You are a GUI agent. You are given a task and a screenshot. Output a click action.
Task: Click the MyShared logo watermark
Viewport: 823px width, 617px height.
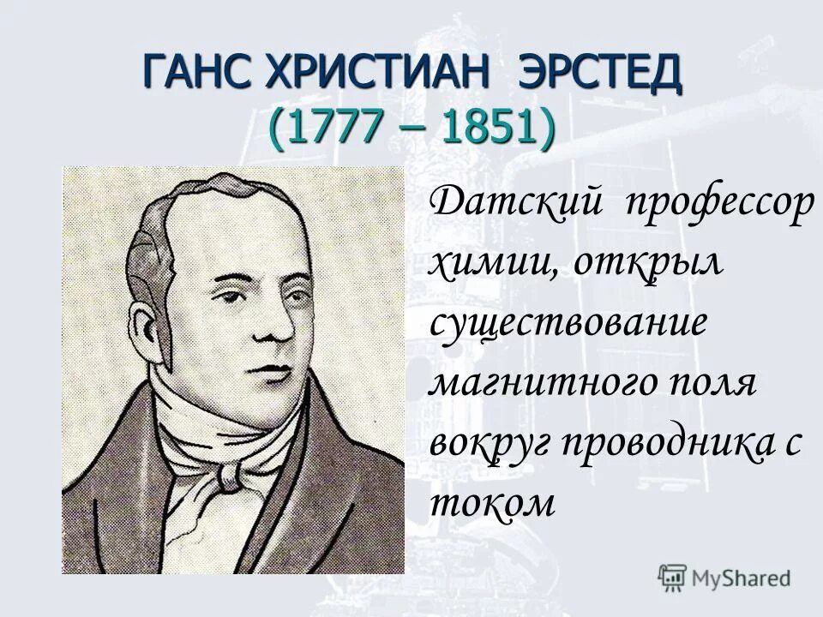(x=724, y=576)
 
